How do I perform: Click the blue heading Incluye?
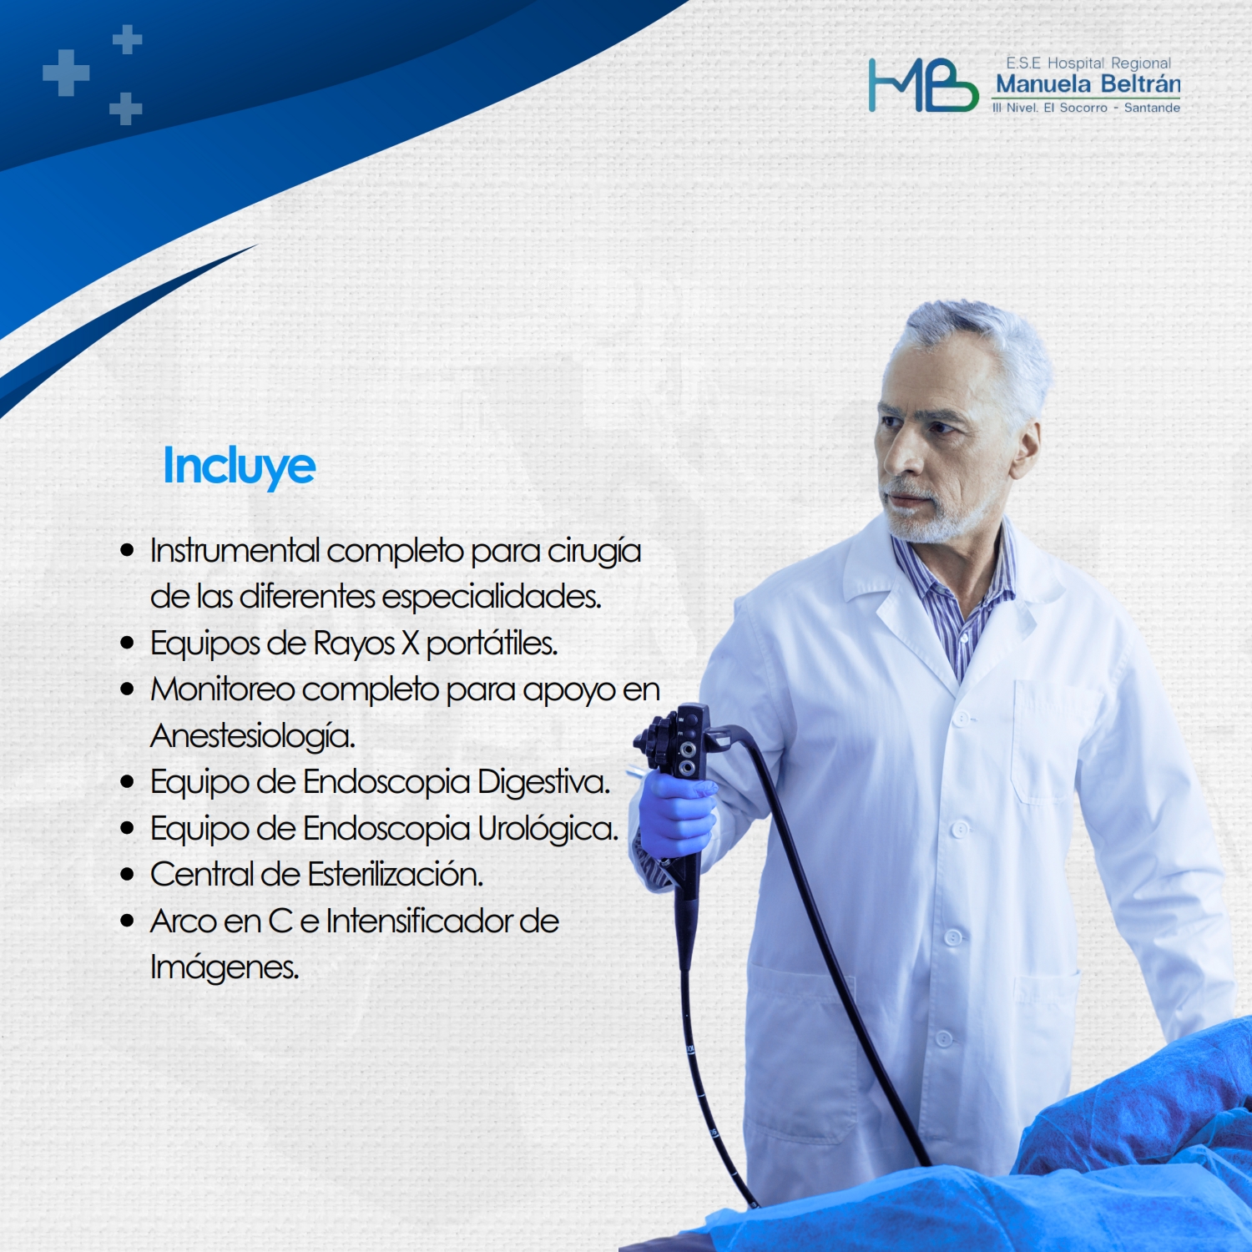[240, 467]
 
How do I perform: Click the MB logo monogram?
[923, 85]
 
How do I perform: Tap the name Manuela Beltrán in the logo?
[1088, 84]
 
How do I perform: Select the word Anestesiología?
[253, 736]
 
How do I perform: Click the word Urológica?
[548, 829]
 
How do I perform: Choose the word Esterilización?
[396, 875]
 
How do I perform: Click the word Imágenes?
[225, 968]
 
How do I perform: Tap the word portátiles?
[492, 644]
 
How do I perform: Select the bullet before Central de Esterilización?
[127, 875]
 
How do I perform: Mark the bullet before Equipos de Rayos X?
[127, 643]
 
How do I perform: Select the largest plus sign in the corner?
[66, 73]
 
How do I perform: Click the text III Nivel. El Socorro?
[1049, 108]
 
